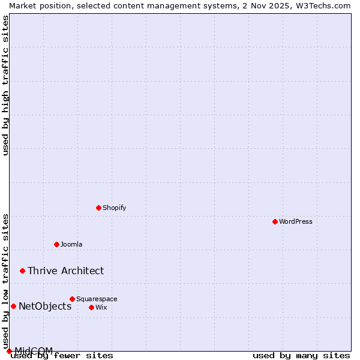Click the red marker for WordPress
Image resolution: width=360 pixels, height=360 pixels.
[x=275, y=221]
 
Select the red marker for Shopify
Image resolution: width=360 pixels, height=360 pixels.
[x=98, y=208]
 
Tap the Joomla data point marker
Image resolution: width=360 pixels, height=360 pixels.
[x=56, y=244]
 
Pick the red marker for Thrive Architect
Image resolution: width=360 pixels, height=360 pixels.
[x=22, y=271]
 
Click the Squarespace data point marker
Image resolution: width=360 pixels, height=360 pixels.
[x=72, y=299]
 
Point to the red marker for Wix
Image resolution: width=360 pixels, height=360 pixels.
[x=91, y=307]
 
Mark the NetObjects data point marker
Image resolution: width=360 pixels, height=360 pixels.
[x=13, y=306]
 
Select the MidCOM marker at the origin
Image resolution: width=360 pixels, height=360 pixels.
[x=9, y=351]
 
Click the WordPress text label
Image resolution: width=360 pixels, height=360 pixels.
[x=296, y=221]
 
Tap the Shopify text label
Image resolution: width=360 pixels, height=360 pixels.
[x=114, y=208]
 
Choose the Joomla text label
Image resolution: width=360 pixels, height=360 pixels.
[x=71, y=244]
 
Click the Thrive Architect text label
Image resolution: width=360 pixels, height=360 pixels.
[x=65, y=271]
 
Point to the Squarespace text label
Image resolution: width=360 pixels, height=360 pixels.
[x=97, y=299]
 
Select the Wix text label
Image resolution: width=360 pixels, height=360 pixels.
[x=101, y=307]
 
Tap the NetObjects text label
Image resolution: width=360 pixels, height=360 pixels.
[x=45, y=306]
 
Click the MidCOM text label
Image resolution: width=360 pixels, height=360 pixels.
[x=34, y=350]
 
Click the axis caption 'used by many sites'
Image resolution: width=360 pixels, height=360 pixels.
[x=301, y=355]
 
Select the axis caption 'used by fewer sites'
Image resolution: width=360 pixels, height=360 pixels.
[x=62, y=355]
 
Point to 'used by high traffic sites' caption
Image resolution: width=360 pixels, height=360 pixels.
[x=5, y=85]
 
